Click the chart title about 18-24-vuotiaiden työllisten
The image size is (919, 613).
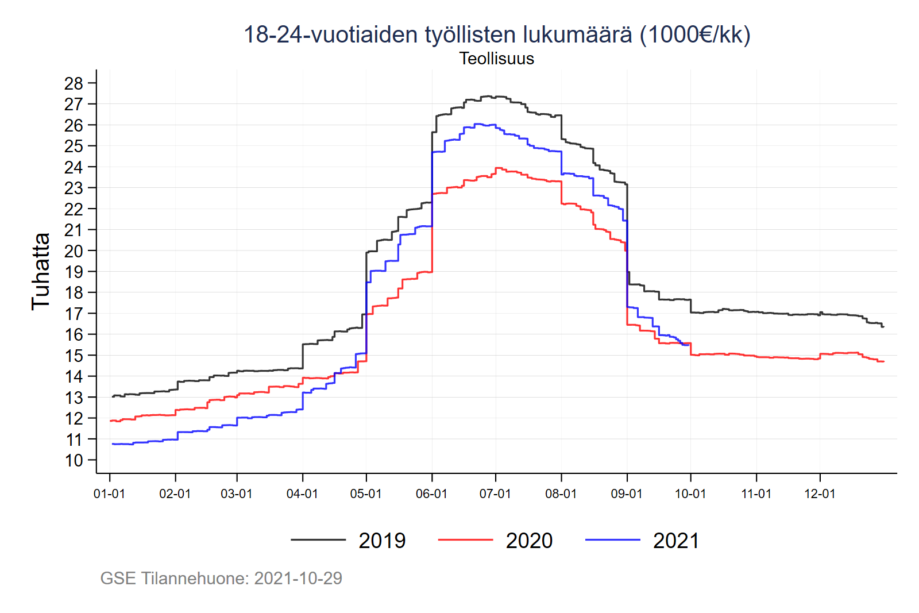pos(497,34)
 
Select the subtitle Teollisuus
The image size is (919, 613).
pos(497,59)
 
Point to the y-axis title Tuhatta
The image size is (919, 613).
pos(41,272)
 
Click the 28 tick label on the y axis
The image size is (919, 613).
pos(74,83)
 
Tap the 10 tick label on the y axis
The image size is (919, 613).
pos(74,460)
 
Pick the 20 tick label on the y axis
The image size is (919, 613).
pos(74,251)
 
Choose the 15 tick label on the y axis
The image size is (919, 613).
pos(74,356)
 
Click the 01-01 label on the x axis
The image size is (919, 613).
pos(109,494)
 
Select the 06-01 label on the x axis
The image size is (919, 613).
pos(431,494)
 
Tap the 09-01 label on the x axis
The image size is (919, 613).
pos(627,494)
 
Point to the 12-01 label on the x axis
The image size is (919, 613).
pos(820,494)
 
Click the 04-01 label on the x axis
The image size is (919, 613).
pos(302,494)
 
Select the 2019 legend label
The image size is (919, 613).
pos(382,541)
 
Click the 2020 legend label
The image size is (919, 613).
pos(529,541)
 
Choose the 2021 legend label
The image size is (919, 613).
pos(676,541)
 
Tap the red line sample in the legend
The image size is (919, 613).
pos(465,540)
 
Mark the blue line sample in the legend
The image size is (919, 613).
pos(612,540)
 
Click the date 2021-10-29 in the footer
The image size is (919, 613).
pos(298,578)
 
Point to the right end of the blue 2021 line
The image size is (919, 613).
pos(689,345)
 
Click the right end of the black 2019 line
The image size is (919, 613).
pos(883,326)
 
